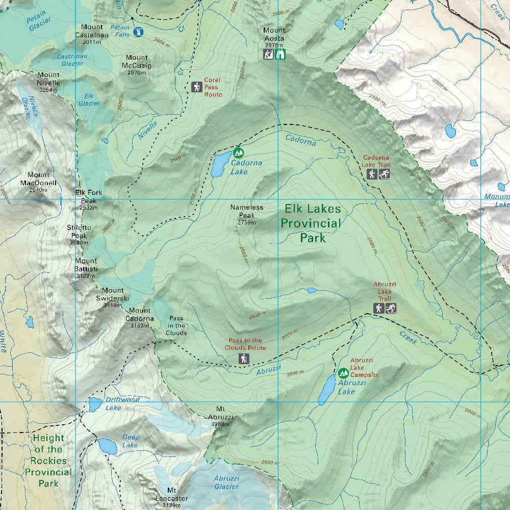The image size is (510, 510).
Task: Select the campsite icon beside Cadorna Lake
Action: (x=238, y=152)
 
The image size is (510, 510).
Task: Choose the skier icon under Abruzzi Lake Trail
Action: (x=391, y=308)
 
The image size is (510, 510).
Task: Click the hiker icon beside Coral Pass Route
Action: (x=196, y=87)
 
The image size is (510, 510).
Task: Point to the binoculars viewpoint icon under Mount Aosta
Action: (x=280, y=54)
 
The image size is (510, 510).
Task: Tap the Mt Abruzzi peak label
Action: (x=220, y=416)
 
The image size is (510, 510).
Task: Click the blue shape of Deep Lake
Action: (x=107, y=446)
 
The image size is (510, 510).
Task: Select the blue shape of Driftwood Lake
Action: (x=95, y=405)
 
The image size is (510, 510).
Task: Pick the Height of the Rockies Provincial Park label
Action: (x=49, y=460)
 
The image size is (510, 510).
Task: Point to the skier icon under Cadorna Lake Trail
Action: (x=384, y=175)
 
